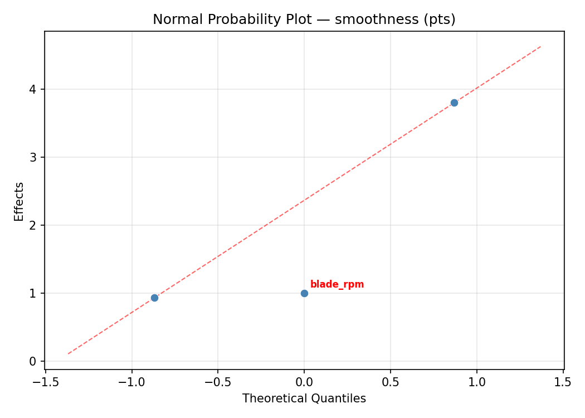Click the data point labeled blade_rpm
(304, 293)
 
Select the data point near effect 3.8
(454, 103)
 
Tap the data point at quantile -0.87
(154, 298)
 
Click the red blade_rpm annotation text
(337, 284)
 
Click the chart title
(304, 20)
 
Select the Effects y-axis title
(19, 201)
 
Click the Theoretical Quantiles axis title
(304, 398)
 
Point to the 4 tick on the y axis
(33, 89)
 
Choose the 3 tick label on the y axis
(33, 157)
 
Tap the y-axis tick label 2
(33, 225)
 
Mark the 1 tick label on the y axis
(33, 293)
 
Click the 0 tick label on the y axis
(33, 361)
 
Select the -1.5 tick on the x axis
(45, 382)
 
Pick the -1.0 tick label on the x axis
(131, 382)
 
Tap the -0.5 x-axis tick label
(218, 382)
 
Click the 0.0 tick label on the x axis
(304, 382)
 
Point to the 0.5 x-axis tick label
(391, 382)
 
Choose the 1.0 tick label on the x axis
(477, 382)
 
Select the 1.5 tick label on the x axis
(563, 382)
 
